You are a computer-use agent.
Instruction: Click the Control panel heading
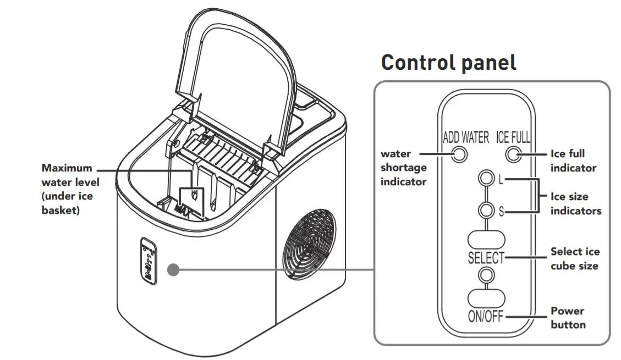[x=448, y=62]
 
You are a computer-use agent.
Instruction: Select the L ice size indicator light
[x=486, y=179]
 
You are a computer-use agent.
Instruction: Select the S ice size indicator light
[x=486, y=211]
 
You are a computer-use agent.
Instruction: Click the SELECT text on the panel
[x=486, y=257]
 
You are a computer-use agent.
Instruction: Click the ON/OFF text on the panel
[x=486, y=317]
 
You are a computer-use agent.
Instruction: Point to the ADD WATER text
[x=465, y=137]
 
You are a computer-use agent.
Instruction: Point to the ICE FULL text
[x=513, y=137]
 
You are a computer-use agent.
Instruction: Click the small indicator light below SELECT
[x=486, y=274]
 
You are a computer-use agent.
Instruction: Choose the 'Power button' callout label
[x=568, y=318]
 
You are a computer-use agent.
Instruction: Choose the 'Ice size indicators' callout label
[x=575, y=203]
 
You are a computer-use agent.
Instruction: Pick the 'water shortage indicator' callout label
[x=403, y=168]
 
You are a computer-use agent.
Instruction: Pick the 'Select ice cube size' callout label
[x=575, y=258]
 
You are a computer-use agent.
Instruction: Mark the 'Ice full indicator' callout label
[x=573, y=160]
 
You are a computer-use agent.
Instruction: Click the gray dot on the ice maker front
[x=174, y=270]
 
